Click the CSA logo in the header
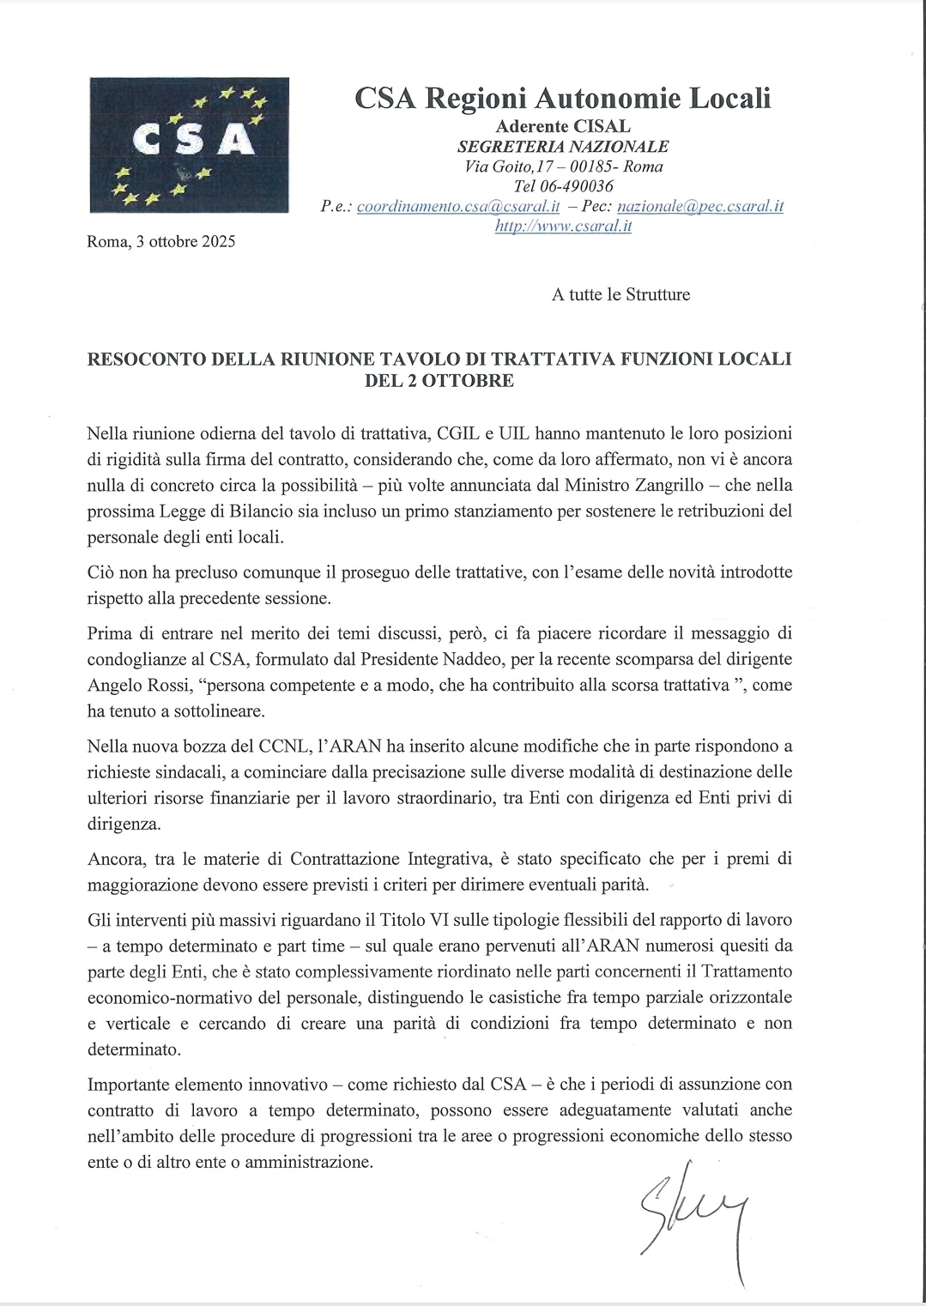point(189,145)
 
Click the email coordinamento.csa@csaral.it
point(458,207)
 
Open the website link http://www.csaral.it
point(564,227)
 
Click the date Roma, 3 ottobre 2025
point(161,241)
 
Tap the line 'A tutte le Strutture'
point(620,294)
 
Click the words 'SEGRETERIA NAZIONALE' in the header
point(563,146)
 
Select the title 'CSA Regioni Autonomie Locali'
point(563,99)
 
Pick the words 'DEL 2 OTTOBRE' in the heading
point(439,380)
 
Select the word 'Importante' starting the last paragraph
point(126,1084)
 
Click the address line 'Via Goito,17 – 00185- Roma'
point(563,166)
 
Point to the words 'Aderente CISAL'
point(563,126)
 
